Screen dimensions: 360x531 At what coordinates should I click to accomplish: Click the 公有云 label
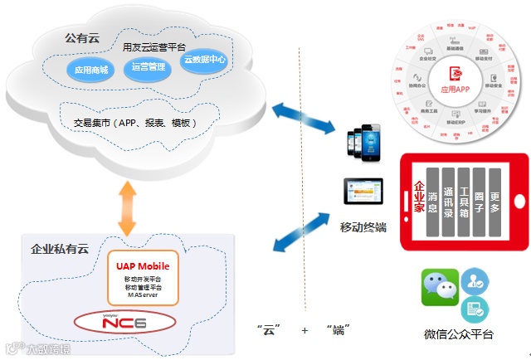coord(83,37)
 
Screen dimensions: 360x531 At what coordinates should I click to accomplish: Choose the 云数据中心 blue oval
coord(203,61)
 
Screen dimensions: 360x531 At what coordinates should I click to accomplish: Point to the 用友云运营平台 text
coord(153,46)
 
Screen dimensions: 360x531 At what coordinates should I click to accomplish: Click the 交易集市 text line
coord(135,123)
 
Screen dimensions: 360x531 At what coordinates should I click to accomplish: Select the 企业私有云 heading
coord(60,248)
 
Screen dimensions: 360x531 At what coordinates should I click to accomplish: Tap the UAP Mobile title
coord(143,266)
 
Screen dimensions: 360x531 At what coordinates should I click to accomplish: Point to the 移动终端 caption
coord(363,227)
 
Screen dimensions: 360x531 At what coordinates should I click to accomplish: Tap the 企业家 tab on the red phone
coord(420,197)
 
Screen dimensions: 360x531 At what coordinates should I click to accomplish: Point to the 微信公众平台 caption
coord(459,334)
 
